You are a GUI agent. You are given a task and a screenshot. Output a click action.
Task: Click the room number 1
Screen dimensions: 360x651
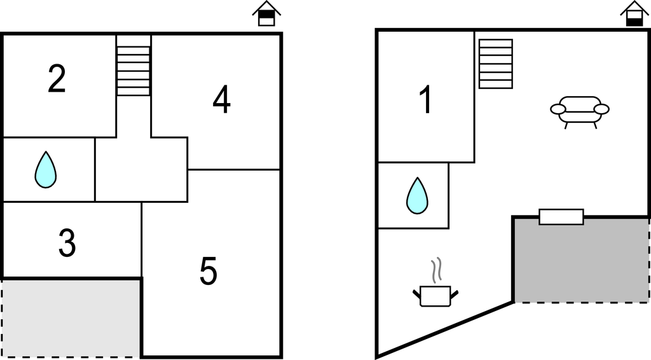pyautogui.click(x=426, y=100)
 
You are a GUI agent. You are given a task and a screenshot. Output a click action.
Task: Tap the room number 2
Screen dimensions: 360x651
pyautogui.click(x=57, y=80)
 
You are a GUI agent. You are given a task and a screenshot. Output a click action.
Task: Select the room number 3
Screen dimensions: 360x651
pyautogui.click(x=67, y=244)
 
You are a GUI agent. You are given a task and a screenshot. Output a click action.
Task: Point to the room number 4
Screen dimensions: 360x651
pyautogui.click(x=221, y=100)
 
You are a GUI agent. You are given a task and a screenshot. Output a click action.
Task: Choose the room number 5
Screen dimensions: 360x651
pyautogui.click(x=209, y=272)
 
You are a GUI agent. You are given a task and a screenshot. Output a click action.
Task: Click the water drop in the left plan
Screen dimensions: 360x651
pyautogui.click(x=45, y=170)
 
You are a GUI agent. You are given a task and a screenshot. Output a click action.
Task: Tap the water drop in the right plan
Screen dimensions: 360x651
pyautogui.click(x=417, y=196)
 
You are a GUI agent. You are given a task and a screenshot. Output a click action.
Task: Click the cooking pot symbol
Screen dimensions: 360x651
pyautogui.click(x=435, y=296)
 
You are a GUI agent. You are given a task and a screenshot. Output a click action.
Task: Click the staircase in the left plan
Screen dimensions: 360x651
pyautogui.click(x=134, y=66)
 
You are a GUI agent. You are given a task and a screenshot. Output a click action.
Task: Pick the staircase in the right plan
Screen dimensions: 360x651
pyautogui.click(x=496, y=64)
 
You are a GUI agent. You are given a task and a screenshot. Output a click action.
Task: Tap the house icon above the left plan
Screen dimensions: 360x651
pyautogui.click(x=266, y=14)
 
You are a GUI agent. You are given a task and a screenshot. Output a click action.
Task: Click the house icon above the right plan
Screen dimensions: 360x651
pyautogui.click(x=634, y=14)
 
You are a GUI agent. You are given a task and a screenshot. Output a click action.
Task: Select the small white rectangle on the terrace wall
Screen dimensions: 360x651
pyautogui.click(x=561, y=217)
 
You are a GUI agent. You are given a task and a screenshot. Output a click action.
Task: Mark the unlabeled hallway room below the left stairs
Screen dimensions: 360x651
pyautogui.click(x=141, y=170)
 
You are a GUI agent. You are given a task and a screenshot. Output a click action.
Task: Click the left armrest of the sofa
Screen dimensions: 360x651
pyautogui.click(x=558, y=109)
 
